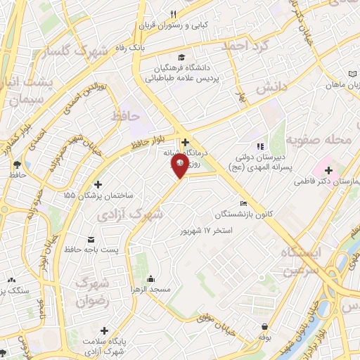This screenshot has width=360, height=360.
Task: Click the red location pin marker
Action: tap(179, 165)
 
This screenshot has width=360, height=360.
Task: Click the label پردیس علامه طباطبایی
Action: tap(183, 79)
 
